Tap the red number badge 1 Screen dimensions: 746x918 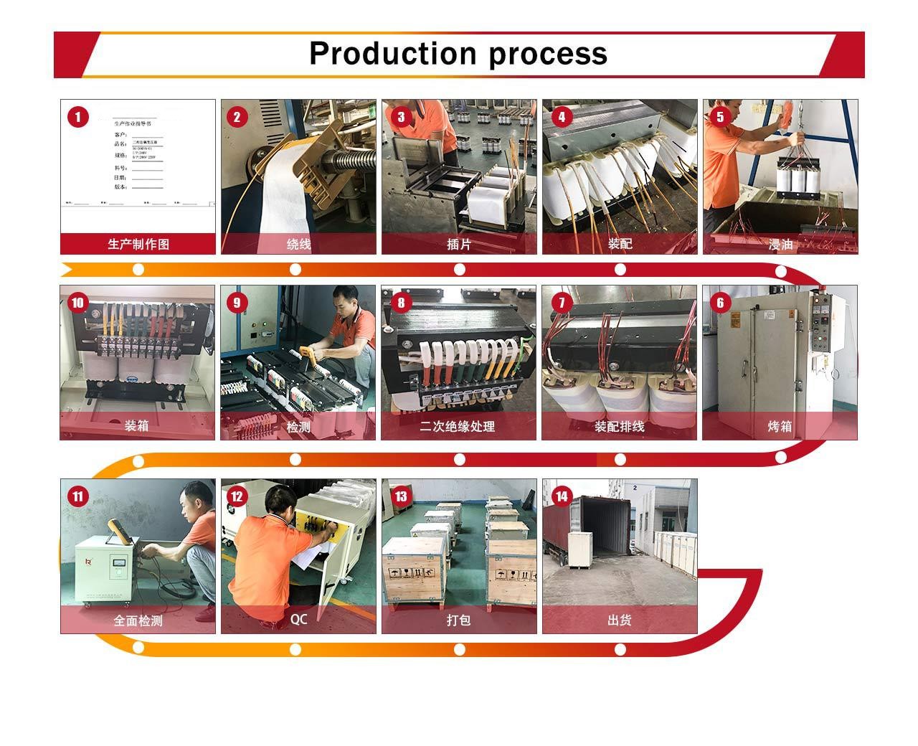(77, 117)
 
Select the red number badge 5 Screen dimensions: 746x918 (719, 116)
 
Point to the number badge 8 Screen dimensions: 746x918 (400, 303)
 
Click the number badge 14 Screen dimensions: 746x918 (561, 496)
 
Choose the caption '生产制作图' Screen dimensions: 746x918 (138, 244)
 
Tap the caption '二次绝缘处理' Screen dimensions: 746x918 (458, 427)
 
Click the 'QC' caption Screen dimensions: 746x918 (298, 618)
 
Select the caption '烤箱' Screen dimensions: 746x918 (780, 427)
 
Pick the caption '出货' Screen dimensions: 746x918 (619, 620)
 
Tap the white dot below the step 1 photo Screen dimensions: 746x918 (138, 269)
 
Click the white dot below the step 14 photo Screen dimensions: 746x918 (620, 650)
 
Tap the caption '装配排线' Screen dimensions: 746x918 (619, 427)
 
